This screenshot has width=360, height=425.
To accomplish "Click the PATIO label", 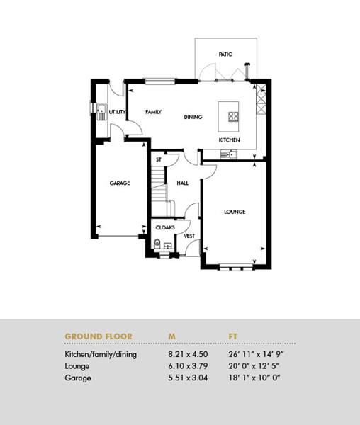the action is [225, 55].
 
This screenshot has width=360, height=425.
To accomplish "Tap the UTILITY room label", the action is [117, 112].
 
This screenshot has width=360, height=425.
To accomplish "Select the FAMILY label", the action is [154, 112].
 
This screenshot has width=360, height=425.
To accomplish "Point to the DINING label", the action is [193, 117].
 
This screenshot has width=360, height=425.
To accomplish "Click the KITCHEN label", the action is [229, 140].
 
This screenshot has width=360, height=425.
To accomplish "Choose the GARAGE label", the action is [120, 183].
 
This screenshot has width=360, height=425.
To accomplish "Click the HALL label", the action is [182, 183].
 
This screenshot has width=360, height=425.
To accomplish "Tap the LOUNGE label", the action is [235, 212].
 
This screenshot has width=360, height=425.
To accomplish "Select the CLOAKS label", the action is [165, 227].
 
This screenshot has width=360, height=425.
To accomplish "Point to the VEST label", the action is [189, 236].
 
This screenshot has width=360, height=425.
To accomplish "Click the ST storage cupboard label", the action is [159, 160].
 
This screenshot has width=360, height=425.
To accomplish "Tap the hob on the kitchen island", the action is [233, 117].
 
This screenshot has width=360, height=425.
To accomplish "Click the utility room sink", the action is [101, 112].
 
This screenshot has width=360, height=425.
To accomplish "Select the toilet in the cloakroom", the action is [157, 244].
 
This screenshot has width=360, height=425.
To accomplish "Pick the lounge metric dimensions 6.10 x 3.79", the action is [188, 366].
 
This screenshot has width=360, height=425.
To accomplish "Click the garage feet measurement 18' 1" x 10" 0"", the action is [254, 378].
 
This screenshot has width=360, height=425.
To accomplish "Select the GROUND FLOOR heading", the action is [99, 336].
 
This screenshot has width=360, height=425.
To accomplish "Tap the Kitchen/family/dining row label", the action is [101, 355].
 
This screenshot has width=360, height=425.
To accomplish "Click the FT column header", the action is [233, 336].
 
